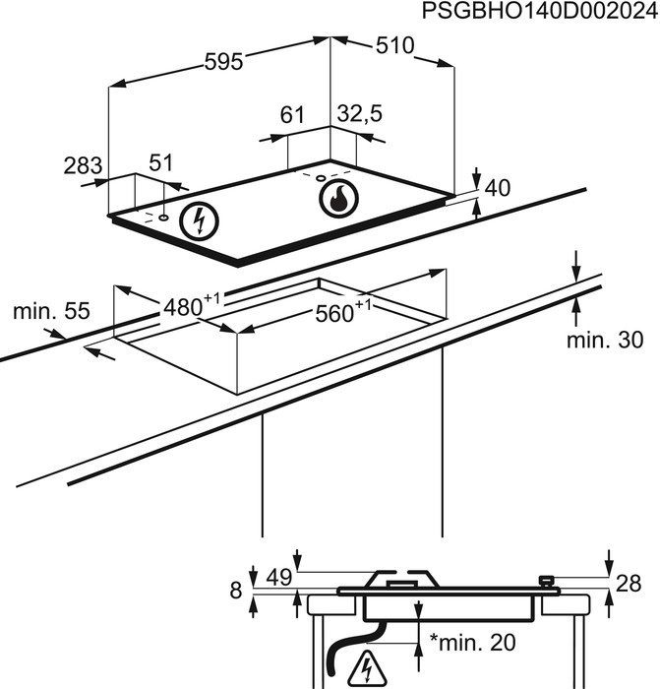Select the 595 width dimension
pyautogui.click(x=223, y=61)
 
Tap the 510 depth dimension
pyautogui.click(x=394, y=45)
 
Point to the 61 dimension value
pyautogui.click(x=293, y=115)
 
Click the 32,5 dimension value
pyautogui.click(x=359, y=115)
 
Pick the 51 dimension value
pyautogui.click(x=160, y=162)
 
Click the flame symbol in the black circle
pyautogui.click(x=338, y=198)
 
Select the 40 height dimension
pyautogui.click(x=499, y=187)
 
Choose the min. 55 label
pyautogui.click(x=51, y=313)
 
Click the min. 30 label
pyautogui.click(x=604, y=341)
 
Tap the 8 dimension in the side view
pyautogui.click(x=235, y=591)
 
